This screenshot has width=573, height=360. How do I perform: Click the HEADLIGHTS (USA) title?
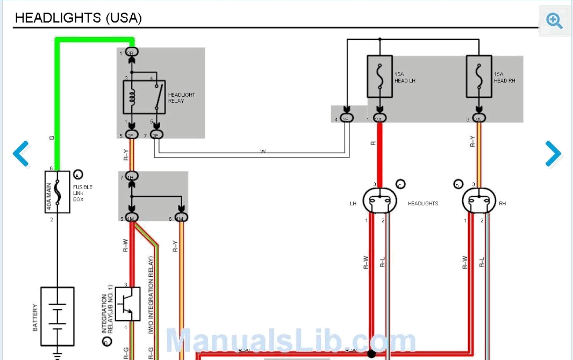click(x=78, y=18)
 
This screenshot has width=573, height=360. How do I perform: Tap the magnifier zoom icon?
click(x=554, y=20)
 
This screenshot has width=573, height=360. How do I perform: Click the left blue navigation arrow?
click(x=21, y=153)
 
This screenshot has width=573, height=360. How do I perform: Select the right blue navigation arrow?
click(x=553, y=153)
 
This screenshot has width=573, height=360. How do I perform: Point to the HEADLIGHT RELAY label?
click(x=181, y=98)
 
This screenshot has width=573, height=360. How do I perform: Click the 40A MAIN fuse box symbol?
click(x=57, y=192)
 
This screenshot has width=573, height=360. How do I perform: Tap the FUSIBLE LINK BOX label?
click(x=82, y=193)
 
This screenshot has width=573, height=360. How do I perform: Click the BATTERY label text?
click(x=35, y=318)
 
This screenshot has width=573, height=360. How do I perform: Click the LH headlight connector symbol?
click(x=379, y=202)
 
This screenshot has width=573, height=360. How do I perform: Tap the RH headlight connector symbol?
click(x=478, y=202)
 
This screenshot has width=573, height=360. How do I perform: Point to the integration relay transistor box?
click(x=127, y=304)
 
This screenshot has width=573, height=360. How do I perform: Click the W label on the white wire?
click(x=263, y=152)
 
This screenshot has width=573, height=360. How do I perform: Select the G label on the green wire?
click(x=52, y=139)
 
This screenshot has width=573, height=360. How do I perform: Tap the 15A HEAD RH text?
click(x=504, y=77)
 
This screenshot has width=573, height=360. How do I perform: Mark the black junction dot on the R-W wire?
click(x=371, y=354)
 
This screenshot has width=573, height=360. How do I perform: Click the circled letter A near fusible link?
click(x=78, y=175)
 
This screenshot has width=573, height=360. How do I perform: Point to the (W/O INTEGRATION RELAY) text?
click(x=151, y=296)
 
